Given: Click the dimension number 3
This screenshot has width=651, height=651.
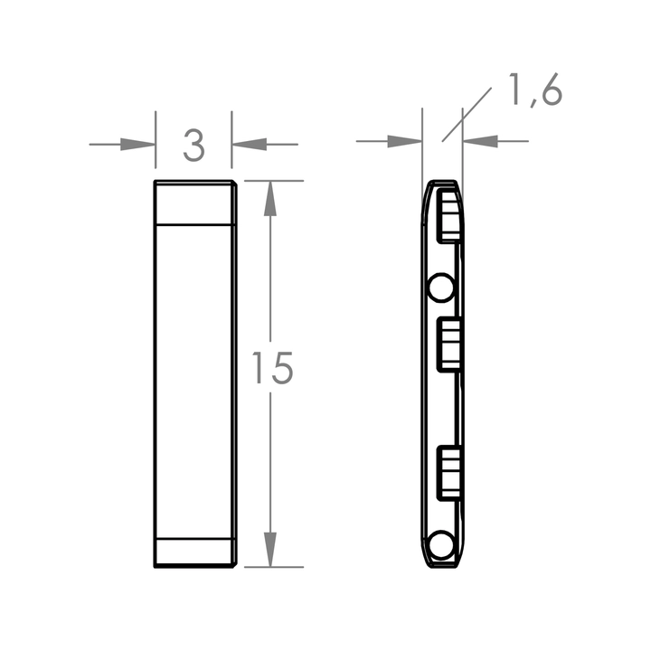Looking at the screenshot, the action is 194,146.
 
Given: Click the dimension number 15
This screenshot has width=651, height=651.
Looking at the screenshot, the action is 272,368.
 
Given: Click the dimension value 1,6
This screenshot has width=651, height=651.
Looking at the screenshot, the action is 536,90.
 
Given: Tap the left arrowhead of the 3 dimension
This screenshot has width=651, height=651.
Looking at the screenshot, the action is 137,145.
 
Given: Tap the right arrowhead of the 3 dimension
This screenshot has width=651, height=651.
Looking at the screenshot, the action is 250,145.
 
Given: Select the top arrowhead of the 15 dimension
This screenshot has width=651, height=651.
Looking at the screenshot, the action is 270,198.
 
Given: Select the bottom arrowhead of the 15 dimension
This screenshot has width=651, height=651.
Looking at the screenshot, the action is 270,550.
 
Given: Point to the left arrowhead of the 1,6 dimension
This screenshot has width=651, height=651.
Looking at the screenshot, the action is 404,141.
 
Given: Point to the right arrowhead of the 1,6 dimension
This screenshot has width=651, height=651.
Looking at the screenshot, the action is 480,141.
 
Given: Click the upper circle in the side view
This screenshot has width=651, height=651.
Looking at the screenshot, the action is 441,288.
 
